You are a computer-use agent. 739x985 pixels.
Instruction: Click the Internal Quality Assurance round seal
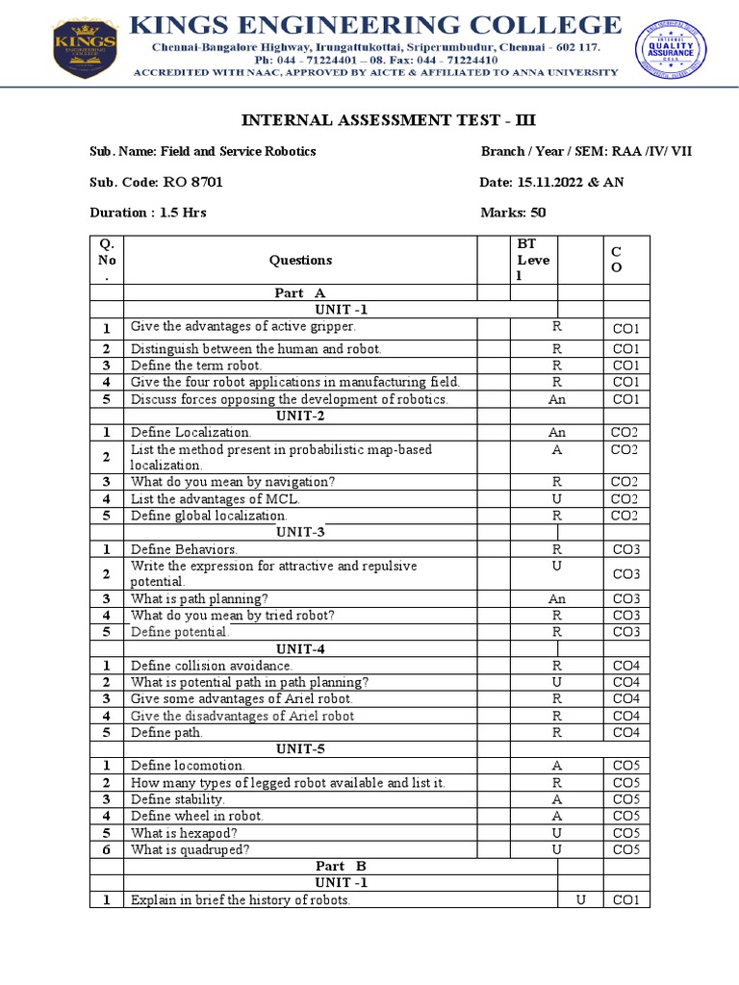pos(670,51)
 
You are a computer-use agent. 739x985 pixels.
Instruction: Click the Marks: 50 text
pos(512,213)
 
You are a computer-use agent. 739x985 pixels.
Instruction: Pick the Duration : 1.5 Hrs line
pos(148,213)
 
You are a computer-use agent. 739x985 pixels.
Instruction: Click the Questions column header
pos(300,260)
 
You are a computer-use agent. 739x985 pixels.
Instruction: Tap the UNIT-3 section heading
pos(300,532)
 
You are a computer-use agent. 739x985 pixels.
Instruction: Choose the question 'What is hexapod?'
pos(184,833)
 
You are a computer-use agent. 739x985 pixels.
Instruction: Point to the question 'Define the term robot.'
pos(196,366)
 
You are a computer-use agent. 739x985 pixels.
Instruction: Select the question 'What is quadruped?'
pos(190,849)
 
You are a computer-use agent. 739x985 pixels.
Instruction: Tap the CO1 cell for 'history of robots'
pos(625,900)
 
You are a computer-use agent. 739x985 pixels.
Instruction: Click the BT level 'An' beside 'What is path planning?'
pos(556,598)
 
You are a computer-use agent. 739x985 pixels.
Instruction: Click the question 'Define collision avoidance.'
pos(212,666)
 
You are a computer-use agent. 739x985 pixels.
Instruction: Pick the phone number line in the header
pos(375,59)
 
